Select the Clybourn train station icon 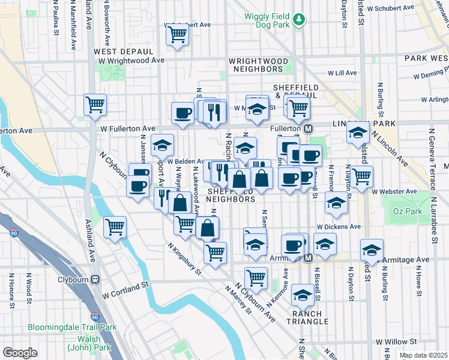click(x=95, y=280)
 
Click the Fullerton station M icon click(x=309, y=129)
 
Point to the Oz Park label click(x=404, y=211)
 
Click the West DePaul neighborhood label click(x=121, y=52)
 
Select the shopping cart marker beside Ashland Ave click(x=115, y=227)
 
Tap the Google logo click(x=20, y=352)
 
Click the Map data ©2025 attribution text click(x=424, y=355)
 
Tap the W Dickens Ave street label click(x=339, y=227)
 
